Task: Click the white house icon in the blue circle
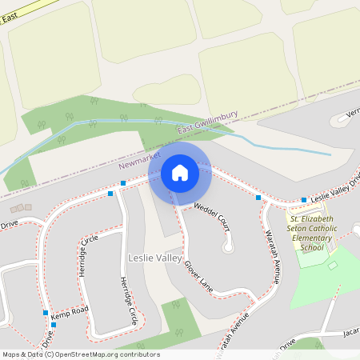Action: (x=180, y=172)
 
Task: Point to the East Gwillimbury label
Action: (x=206, y=123)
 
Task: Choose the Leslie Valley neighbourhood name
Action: (x=154, y=258)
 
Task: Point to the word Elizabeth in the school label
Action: (x=314, y=218)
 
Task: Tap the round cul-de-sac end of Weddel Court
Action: (x=230, y=246)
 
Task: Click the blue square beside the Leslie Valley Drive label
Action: (x=304, y=200)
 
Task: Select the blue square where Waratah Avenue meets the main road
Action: (x=258, y=197)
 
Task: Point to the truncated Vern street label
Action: (x=353, y=114)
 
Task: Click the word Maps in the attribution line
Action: (x=12, y=354)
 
